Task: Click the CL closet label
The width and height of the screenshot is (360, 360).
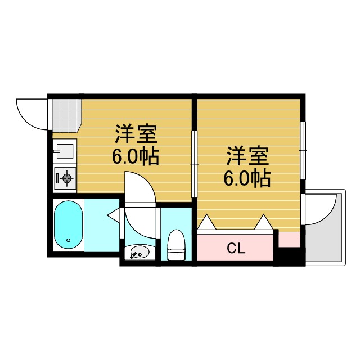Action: [x=236, y=248]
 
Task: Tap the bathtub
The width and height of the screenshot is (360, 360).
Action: [x=68, y=225]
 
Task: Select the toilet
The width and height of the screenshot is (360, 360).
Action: [x=177, y=246]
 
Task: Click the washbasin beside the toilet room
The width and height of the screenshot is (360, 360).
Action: [x=138, y=253]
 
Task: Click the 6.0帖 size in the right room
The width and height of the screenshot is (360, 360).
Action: [x=247, y=178]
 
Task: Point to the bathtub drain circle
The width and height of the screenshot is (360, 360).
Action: [x=69, y=240]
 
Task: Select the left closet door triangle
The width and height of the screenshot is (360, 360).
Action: [x=206, y=223]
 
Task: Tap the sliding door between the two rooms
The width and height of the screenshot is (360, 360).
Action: [x=194, y=163]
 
